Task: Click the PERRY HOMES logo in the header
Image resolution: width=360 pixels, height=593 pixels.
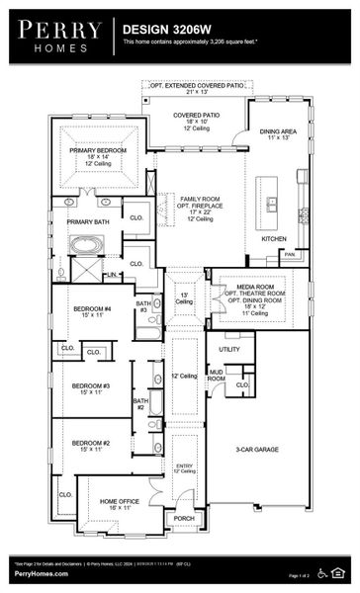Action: tap(57, 35)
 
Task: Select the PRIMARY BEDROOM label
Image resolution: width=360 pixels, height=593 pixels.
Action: tap(96, 150)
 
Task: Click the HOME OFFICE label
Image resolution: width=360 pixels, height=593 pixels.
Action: tap(119, 501)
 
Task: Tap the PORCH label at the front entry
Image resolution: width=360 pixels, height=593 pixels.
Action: tap(184, 517)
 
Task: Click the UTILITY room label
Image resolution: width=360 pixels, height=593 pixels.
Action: tap(229, 349)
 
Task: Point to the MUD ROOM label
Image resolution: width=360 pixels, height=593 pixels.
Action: tap(217, 375)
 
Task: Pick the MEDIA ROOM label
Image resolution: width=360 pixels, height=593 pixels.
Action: tap(254, 287)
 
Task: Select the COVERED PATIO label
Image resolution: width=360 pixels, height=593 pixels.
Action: tap(196, 116)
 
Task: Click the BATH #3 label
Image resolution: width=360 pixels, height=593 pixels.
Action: tap(143, 306)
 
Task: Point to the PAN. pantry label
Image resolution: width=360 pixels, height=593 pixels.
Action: tap(289, 254)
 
